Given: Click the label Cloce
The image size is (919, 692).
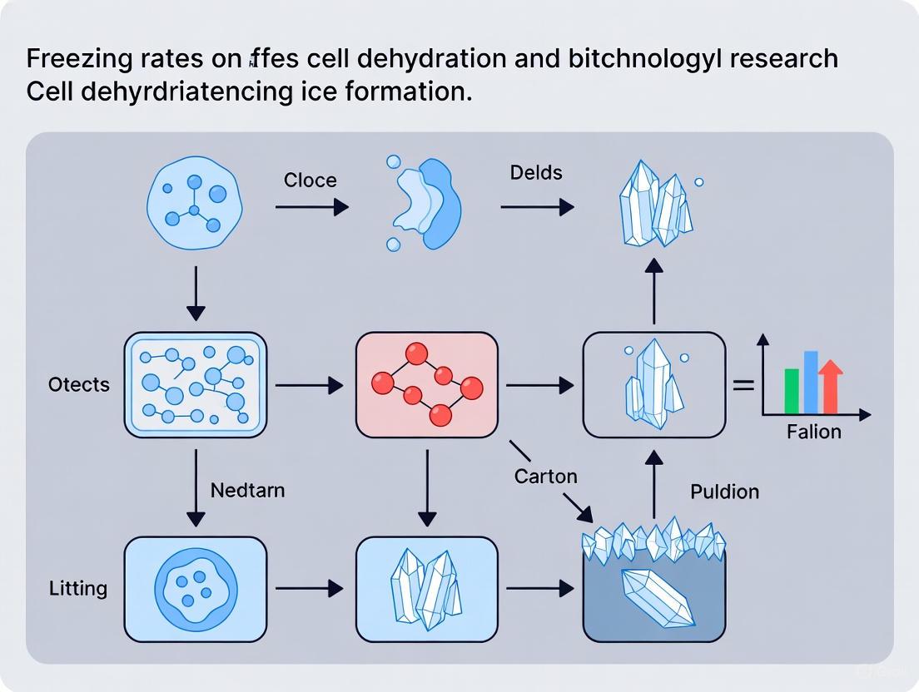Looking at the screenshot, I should point(310,180).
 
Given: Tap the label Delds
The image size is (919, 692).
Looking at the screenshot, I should point(536,173).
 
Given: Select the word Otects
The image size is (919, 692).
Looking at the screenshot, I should point(79,384).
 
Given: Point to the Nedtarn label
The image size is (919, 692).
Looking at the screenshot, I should point(247,490).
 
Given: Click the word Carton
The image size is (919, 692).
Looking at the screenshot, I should point(545,477).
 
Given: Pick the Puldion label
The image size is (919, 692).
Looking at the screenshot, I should point(724,492).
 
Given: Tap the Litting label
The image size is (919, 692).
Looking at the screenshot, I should point(78,589).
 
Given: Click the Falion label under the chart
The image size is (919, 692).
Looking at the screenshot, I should point(813,432).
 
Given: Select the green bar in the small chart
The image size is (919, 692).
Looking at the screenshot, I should point(792,391).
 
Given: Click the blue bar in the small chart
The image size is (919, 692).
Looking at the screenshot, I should point(811,382).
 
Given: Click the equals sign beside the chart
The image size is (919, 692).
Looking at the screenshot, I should point(743,385).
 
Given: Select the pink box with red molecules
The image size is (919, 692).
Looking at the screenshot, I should point(426,384).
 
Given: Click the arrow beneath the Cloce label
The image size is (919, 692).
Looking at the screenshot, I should point(311,206).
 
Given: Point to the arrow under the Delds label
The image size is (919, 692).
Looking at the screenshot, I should point(537,206).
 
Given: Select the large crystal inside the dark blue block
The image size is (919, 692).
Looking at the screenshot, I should point(657,596).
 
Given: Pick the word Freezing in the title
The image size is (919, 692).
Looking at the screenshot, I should point(73,59).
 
